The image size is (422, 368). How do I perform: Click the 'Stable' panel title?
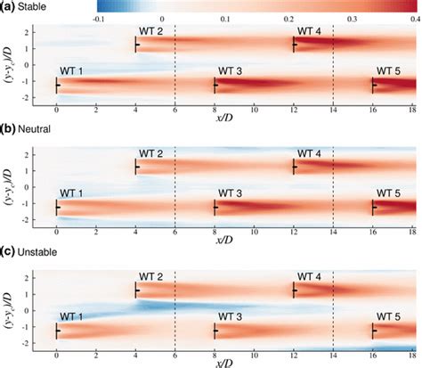point(35,6)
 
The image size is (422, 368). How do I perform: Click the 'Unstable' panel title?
point(40,251)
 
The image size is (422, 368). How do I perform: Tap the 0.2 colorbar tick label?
point(289,17)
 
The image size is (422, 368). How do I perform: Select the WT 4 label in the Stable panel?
point(308,31)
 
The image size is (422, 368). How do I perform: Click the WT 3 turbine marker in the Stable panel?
point(215,86)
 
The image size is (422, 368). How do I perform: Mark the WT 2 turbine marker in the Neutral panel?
point(135,167)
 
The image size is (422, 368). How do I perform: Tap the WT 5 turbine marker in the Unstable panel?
point(373,331)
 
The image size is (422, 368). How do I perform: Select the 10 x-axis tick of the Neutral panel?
point(254,229)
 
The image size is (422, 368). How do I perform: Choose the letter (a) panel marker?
point(7,6)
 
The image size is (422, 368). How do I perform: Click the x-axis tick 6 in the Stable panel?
point(175,106)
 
